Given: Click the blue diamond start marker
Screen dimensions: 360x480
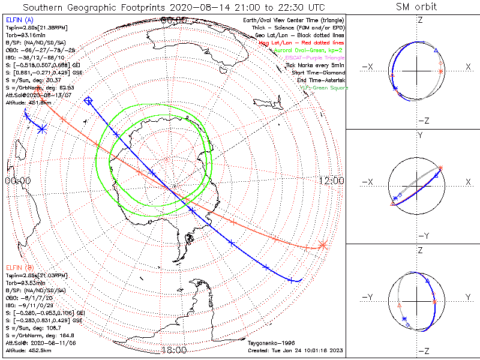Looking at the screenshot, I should [89, 101].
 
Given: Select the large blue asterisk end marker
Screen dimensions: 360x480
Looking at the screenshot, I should [42, 128].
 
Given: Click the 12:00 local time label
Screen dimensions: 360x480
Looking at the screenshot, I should [332, 181].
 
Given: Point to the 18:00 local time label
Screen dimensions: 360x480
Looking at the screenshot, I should [173, 350].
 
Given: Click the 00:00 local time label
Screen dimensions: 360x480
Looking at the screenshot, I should [17, 181].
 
